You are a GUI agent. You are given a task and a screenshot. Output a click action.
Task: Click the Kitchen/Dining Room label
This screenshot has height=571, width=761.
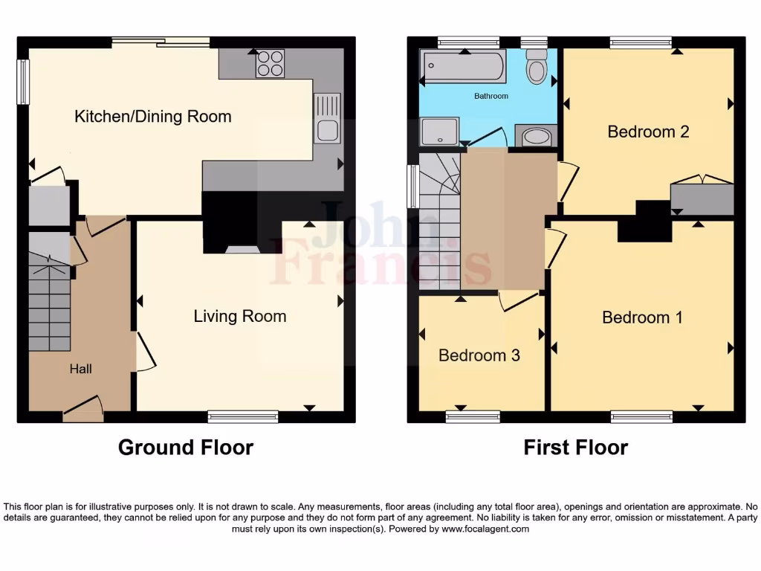[x=152, y=117]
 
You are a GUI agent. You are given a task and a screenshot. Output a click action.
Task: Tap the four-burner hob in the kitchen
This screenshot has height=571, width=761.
[x=271, y=63]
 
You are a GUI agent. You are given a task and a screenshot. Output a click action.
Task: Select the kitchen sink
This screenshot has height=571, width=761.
[x=327, y=119]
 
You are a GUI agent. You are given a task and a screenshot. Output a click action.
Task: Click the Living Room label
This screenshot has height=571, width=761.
[x=239, y=316]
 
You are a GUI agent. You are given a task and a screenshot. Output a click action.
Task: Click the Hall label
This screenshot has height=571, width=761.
[x=81, y=368]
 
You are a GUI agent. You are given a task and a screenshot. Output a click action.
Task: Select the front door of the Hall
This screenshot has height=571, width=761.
[x=82, y=409]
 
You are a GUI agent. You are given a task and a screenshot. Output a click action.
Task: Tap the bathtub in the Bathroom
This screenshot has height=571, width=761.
[x=463, y=67]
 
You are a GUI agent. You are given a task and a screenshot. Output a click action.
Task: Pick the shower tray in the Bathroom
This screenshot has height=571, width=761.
[x=439, y=132]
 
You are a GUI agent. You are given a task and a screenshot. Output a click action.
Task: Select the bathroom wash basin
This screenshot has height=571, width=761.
[x=535, y=137]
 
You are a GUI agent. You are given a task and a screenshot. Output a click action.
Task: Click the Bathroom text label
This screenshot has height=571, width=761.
[x=491, y=97]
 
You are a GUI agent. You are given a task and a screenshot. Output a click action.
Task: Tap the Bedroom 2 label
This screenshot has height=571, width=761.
[x=648, y=132]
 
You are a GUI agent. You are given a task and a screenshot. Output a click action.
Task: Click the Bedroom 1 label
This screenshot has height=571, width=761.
[x=642, y=317]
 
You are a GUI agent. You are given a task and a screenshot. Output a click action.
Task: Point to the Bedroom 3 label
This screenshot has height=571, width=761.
[x=479, y=355]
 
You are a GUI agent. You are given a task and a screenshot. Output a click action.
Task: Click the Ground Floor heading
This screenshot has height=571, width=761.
[x=186, y=448]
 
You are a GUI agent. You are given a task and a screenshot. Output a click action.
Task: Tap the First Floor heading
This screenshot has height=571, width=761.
[x=575, y=448]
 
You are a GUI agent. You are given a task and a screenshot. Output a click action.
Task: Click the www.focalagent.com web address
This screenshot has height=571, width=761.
[x=485, y=529]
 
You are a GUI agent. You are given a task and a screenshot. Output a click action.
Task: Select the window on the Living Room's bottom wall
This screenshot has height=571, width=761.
[x=243, y=416]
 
